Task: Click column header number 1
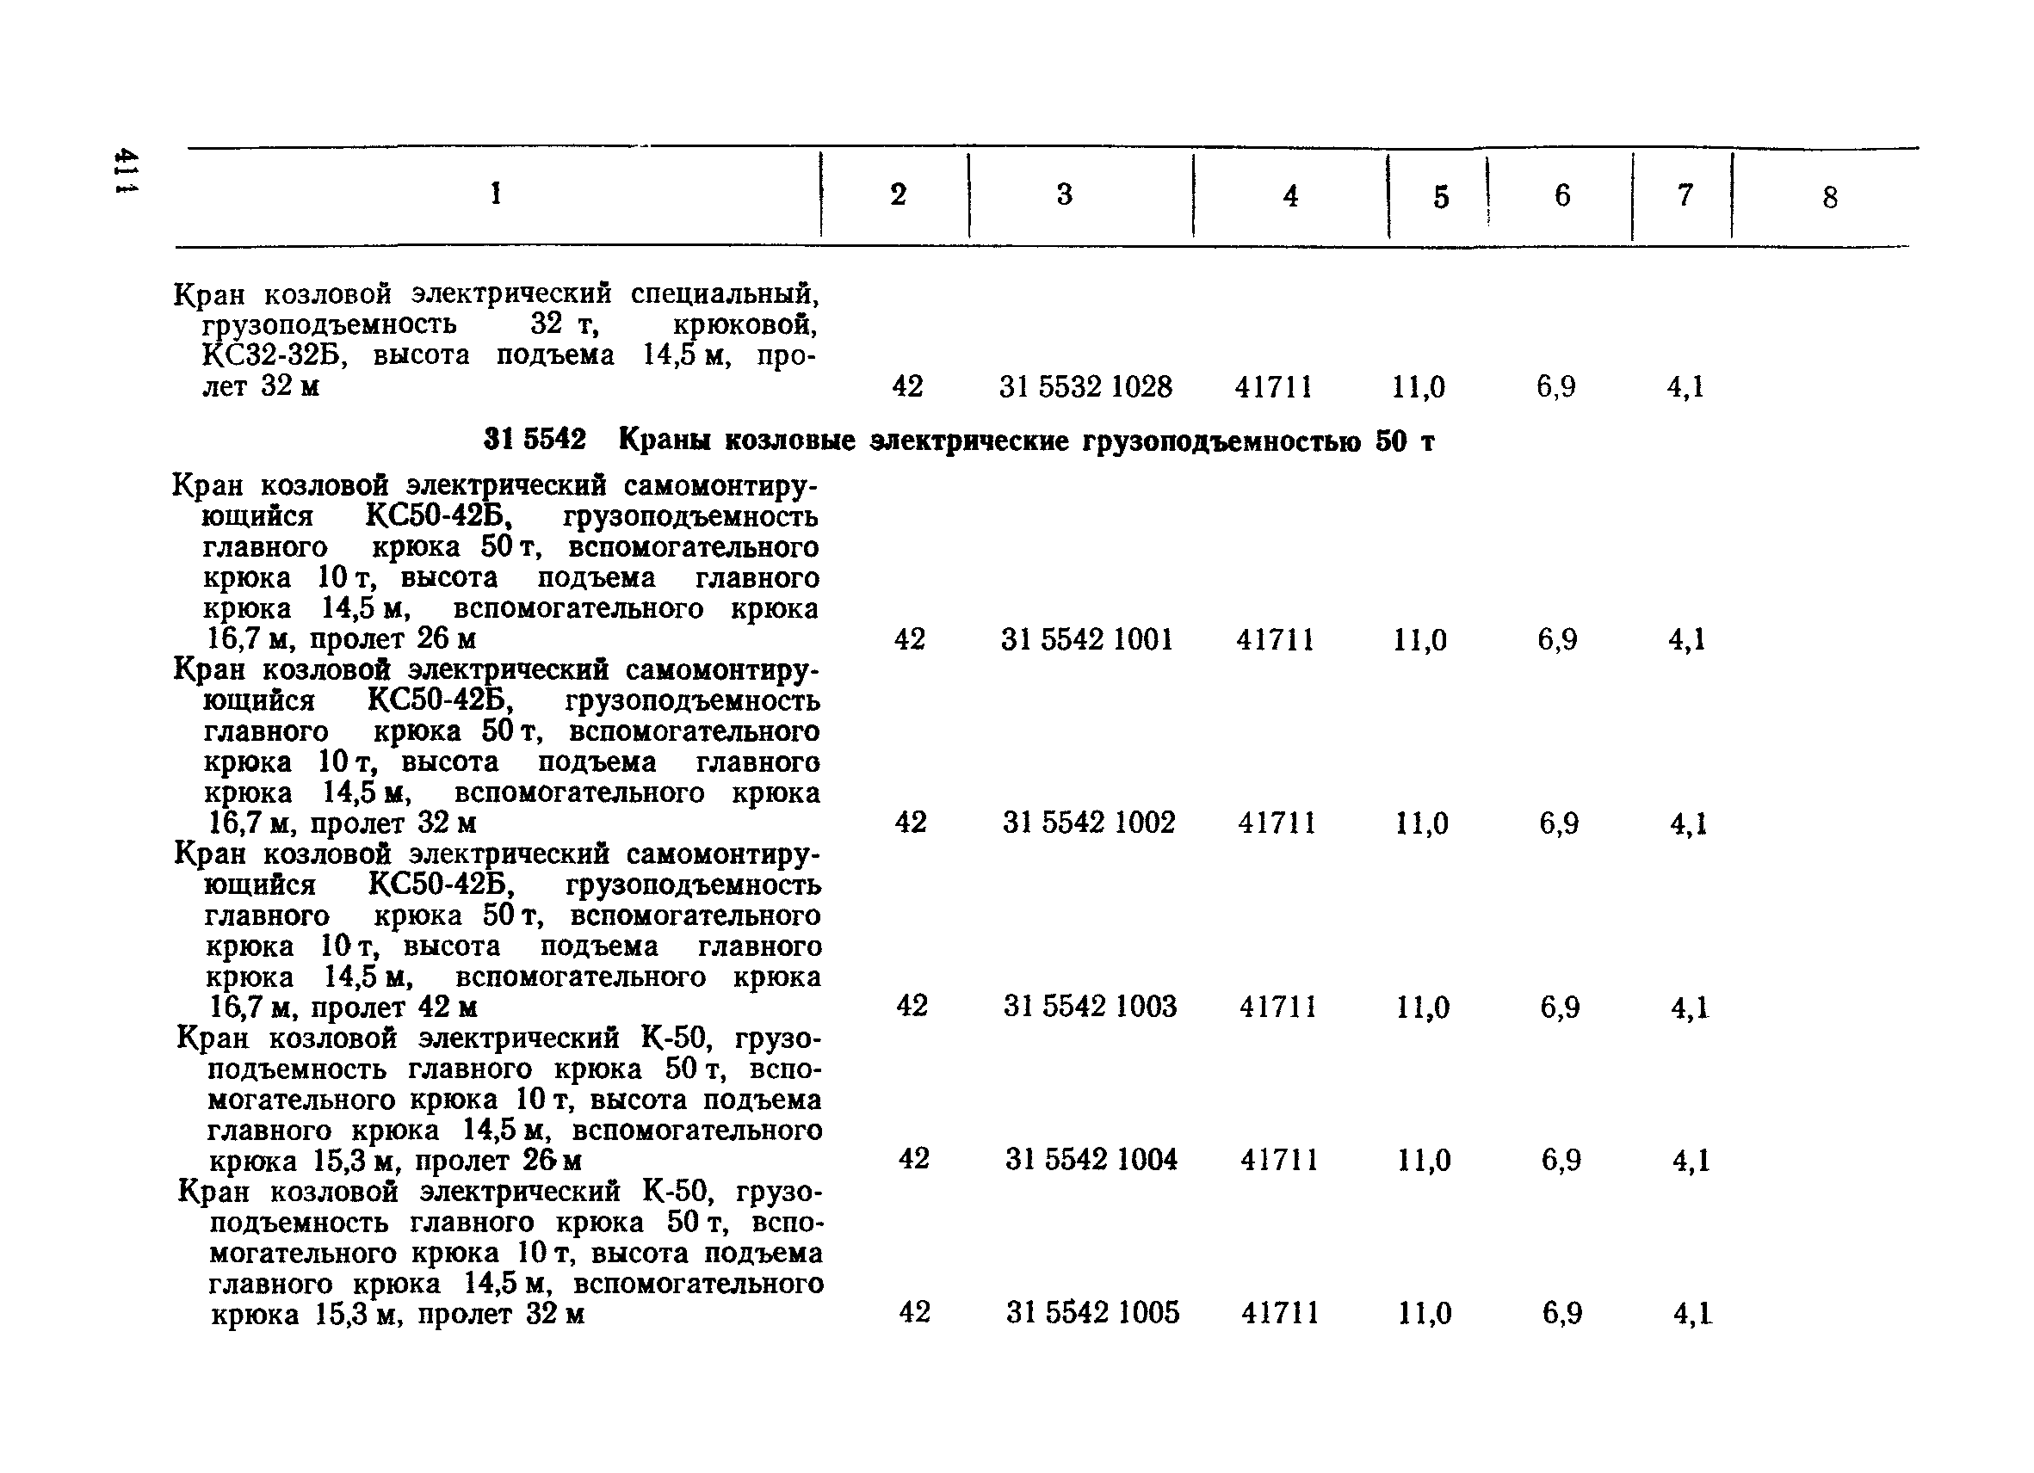click(496, 193)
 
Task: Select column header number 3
click(1065, 194)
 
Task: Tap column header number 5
click(1440, 197)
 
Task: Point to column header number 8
click(1829, 197)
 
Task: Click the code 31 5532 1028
click(1085, 386)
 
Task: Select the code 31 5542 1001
click(1087, 639)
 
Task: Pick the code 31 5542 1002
click(1089, 823)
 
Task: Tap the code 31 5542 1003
click(1090, 1006)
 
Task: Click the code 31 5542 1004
click(1091, 1159)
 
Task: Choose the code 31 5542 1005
click(1092, 1312)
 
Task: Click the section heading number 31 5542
click(535, 441)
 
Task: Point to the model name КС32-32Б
click(274, 355)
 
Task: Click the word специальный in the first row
click(725, 294)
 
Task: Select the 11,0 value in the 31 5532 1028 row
click(1418, 387)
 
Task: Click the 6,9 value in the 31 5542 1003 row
click(1560, 1007)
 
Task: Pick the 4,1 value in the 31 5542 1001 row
click(1686, 640)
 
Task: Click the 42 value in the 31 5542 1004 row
click(913, 1158)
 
